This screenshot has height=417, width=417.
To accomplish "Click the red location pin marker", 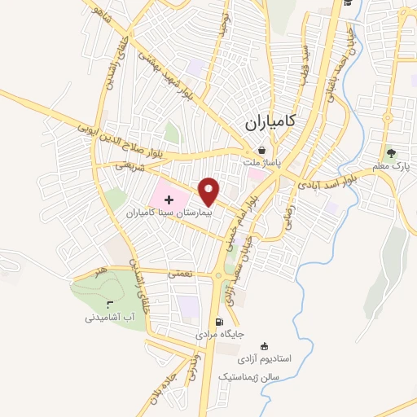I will pos(209,191).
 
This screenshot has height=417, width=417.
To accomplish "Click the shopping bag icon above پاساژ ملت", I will pos(261,150).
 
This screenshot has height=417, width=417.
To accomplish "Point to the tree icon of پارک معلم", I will pos(393,152).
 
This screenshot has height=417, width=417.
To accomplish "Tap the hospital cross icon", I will pos(180,200).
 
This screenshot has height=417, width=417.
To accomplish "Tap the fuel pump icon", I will pos(217,321).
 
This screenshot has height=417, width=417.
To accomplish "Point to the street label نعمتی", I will pos(180,274).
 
